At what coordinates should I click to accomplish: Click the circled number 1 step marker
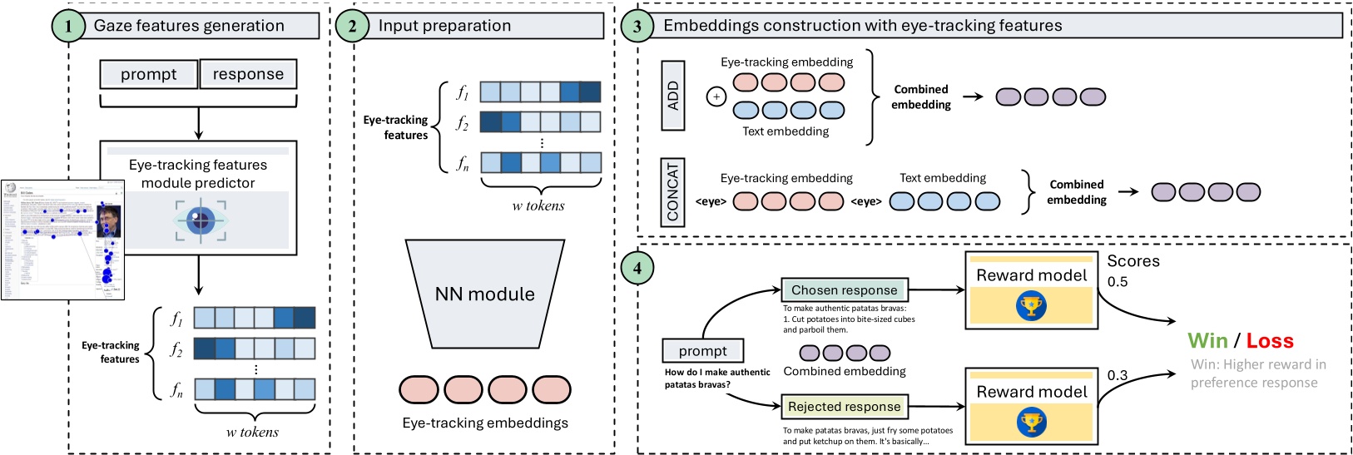68,26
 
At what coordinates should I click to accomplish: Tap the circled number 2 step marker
352,26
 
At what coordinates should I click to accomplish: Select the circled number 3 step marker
637,26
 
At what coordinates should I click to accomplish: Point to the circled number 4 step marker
637,268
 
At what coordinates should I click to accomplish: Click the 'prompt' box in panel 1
149,74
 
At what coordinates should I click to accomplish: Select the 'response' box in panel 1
248,74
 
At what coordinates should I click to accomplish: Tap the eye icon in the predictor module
200,221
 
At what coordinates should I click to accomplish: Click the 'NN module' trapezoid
485,294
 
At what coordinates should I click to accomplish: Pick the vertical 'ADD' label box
673,96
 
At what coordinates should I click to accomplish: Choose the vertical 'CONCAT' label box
673,191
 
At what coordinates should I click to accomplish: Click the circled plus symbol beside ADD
716,96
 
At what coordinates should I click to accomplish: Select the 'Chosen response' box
845,290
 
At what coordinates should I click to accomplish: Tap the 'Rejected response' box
845,407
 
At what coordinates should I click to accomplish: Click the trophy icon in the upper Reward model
1031,306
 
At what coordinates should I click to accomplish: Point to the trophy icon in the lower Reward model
1031,423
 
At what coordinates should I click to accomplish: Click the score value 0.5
1118,282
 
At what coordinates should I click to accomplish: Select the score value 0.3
1118,375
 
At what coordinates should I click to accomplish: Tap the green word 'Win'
1208,341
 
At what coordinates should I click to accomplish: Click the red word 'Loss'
1270,341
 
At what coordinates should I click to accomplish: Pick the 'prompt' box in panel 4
703,351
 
